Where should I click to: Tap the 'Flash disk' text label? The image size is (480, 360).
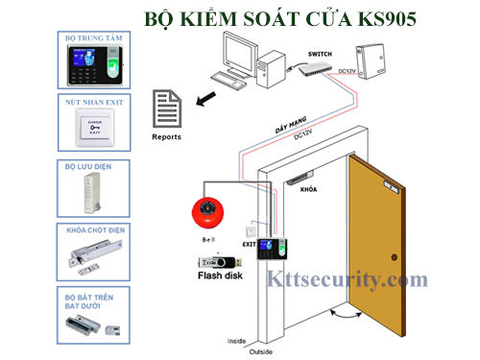(221, 278)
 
